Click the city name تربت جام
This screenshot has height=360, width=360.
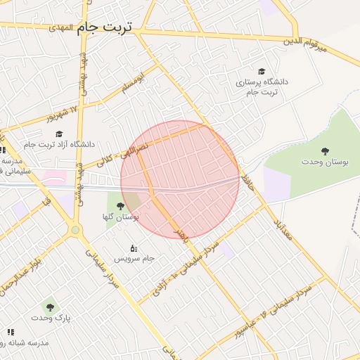click(107, 26)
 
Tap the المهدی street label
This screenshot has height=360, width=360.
click(61, 27)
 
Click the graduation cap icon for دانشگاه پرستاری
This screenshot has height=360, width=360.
click(262, 71)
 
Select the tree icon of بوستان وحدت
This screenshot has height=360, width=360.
click(325, 150)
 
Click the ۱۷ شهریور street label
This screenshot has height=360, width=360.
click(60, 112)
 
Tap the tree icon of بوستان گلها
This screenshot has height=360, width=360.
click(120, 205)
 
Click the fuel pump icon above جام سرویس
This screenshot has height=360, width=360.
click(133, 247)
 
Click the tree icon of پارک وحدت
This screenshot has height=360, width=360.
click(49, 307)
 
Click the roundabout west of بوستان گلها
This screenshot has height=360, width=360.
click(75, 229)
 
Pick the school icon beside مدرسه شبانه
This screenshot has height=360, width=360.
click(11, 331)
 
